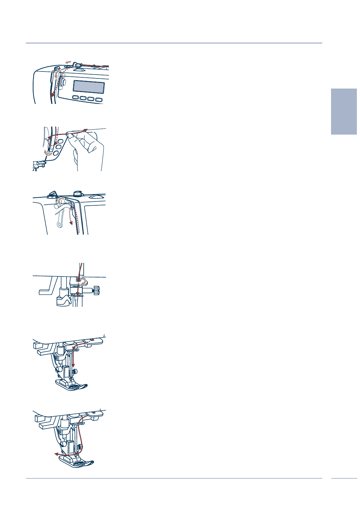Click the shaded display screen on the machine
(x=89, y=86)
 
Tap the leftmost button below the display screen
(x=76, y=98)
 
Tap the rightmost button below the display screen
(x=99, y=100)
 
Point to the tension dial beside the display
(x=62, y=82)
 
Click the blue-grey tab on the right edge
(x=344, y=111)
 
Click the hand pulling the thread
(x=87, y=150)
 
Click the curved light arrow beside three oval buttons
(x=48, y=153)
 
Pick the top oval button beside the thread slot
(x=60, y=142)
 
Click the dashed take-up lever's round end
(x=60, y=225)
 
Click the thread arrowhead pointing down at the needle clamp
(x=78, y=294)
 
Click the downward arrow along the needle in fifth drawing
(x=73, y=365)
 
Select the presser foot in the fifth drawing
(x=72, y=385)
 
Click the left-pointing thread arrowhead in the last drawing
(x=56, y=454)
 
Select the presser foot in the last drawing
(x=76, y=462)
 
